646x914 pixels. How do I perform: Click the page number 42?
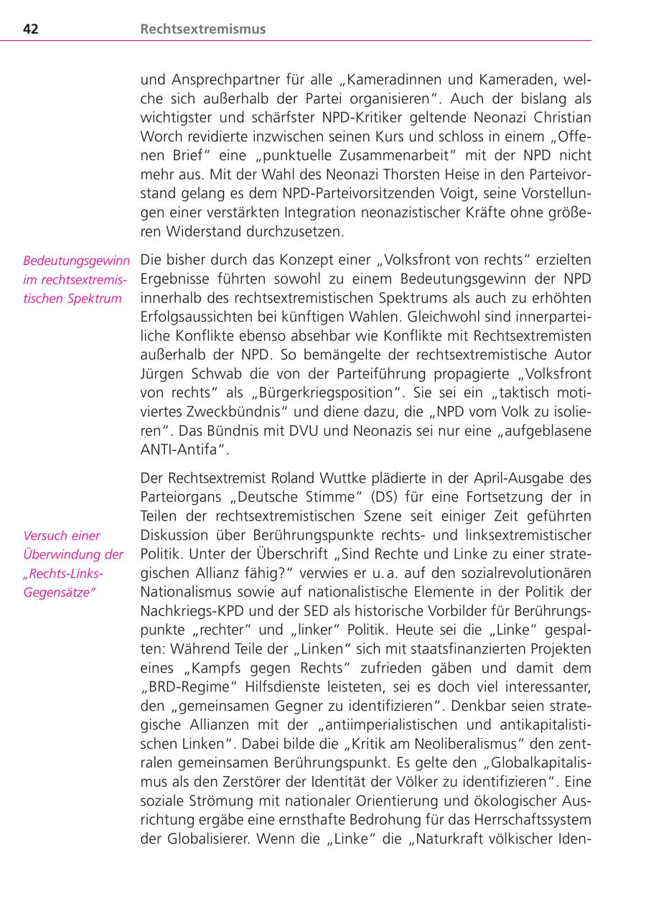pos(31,29)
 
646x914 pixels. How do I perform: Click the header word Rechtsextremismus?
pos(203,29)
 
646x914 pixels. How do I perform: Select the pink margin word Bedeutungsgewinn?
pos(76,261)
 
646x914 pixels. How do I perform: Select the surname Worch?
pos(159,136)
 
